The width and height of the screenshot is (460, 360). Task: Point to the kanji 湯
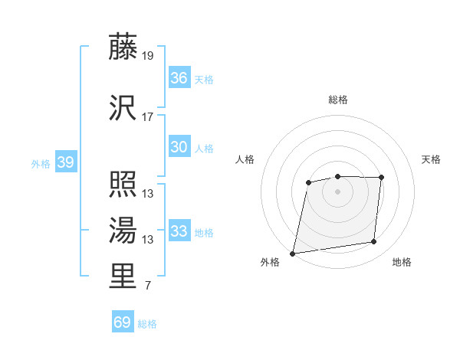(x=123, y=230)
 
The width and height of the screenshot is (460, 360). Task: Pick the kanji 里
(x=123, y=277)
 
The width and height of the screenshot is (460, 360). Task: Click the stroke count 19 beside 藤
(x=148, y=56)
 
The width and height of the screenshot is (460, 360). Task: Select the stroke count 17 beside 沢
(x=148, y=117)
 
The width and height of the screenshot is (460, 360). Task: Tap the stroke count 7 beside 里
(x=147, y=286)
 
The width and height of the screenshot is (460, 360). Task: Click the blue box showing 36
(x=179, y=77)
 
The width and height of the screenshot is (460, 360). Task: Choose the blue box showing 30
(x=179, y=147)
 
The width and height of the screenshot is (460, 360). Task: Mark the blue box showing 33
(x=179, y=231)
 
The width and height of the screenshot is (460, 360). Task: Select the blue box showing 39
(x=65, y=162)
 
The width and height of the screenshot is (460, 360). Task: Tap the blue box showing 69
(x=122, y=322)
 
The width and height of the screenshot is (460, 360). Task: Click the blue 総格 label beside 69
(x=147, y=324)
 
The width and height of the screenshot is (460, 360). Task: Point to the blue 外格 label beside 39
(x=40, y=163)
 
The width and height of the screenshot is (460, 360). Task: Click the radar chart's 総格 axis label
(x=337, y=100)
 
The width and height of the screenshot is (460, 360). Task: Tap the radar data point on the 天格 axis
(x=381, y=178)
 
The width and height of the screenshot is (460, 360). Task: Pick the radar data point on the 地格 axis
(x=373, y=242)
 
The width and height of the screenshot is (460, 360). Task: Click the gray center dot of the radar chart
(x=337, y=191)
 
